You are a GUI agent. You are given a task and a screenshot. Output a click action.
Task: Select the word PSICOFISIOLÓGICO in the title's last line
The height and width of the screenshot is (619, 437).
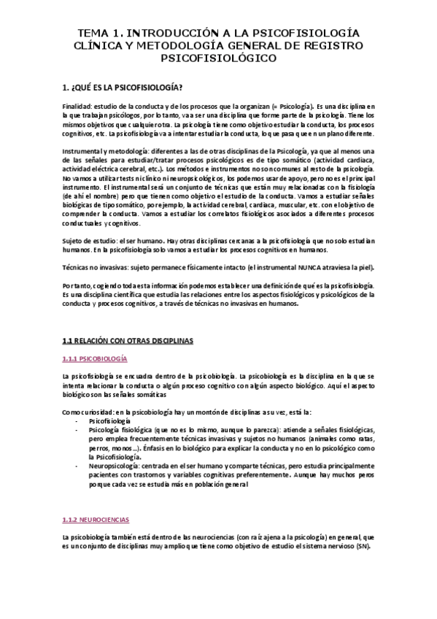219,58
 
